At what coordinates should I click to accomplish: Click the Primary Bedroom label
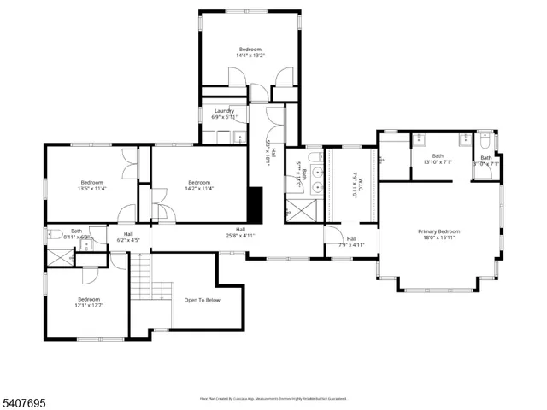[x=438, y=231]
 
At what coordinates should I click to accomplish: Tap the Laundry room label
[x=224, y=111]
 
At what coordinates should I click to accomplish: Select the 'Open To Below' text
[x=202, y=300]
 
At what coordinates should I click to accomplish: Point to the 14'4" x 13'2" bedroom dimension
[x=250, y=56]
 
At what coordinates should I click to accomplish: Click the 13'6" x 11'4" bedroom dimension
[x=91, y=189]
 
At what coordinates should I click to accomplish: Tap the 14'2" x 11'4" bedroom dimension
[x=199, y=189]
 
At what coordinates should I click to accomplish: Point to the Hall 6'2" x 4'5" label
[x=128, y=237]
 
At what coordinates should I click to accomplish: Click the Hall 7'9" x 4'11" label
[x=351, y=242]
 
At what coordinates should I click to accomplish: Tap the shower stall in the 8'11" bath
[x=58, y=256]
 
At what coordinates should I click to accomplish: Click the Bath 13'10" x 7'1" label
[x=438, y=158]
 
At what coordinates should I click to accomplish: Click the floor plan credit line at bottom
[x=279, y=398]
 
